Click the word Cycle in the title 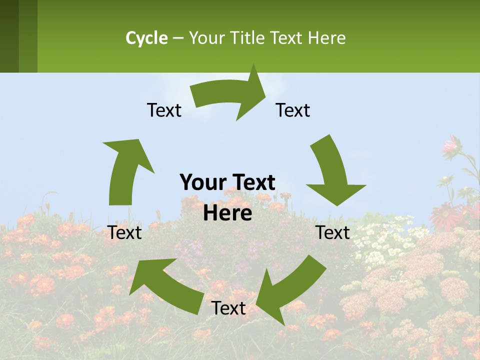pos(146,38)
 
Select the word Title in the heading pos(250,38)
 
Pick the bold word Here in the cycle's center pos(227,213)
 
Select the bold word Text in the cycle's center pos(253,182)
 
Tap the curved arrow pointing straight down pos(332,172)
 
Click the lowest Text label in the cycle pos(228,308)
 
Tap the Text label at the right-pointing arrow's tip pos(293,110)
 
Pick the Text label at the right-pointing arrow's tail pos(164,110)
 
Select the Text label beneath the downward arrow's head pos(333,232)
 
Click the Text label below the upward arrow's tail pos(125,232)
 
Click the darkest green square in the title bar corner pos(9,36)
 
